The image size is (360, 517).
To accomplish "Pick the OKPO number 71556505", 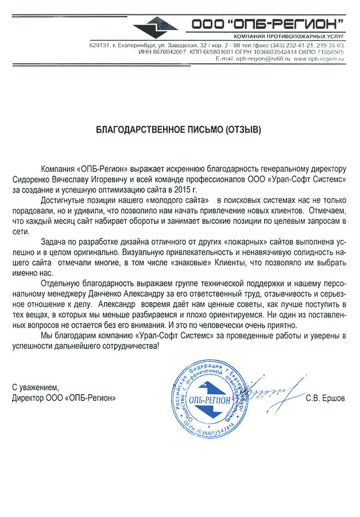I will point(330,52).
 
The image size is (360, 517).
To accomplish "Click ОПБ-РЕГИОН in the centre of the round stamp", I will point(211,399).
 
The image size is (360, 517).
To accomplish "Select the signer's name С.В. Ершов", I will point(326,398).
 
